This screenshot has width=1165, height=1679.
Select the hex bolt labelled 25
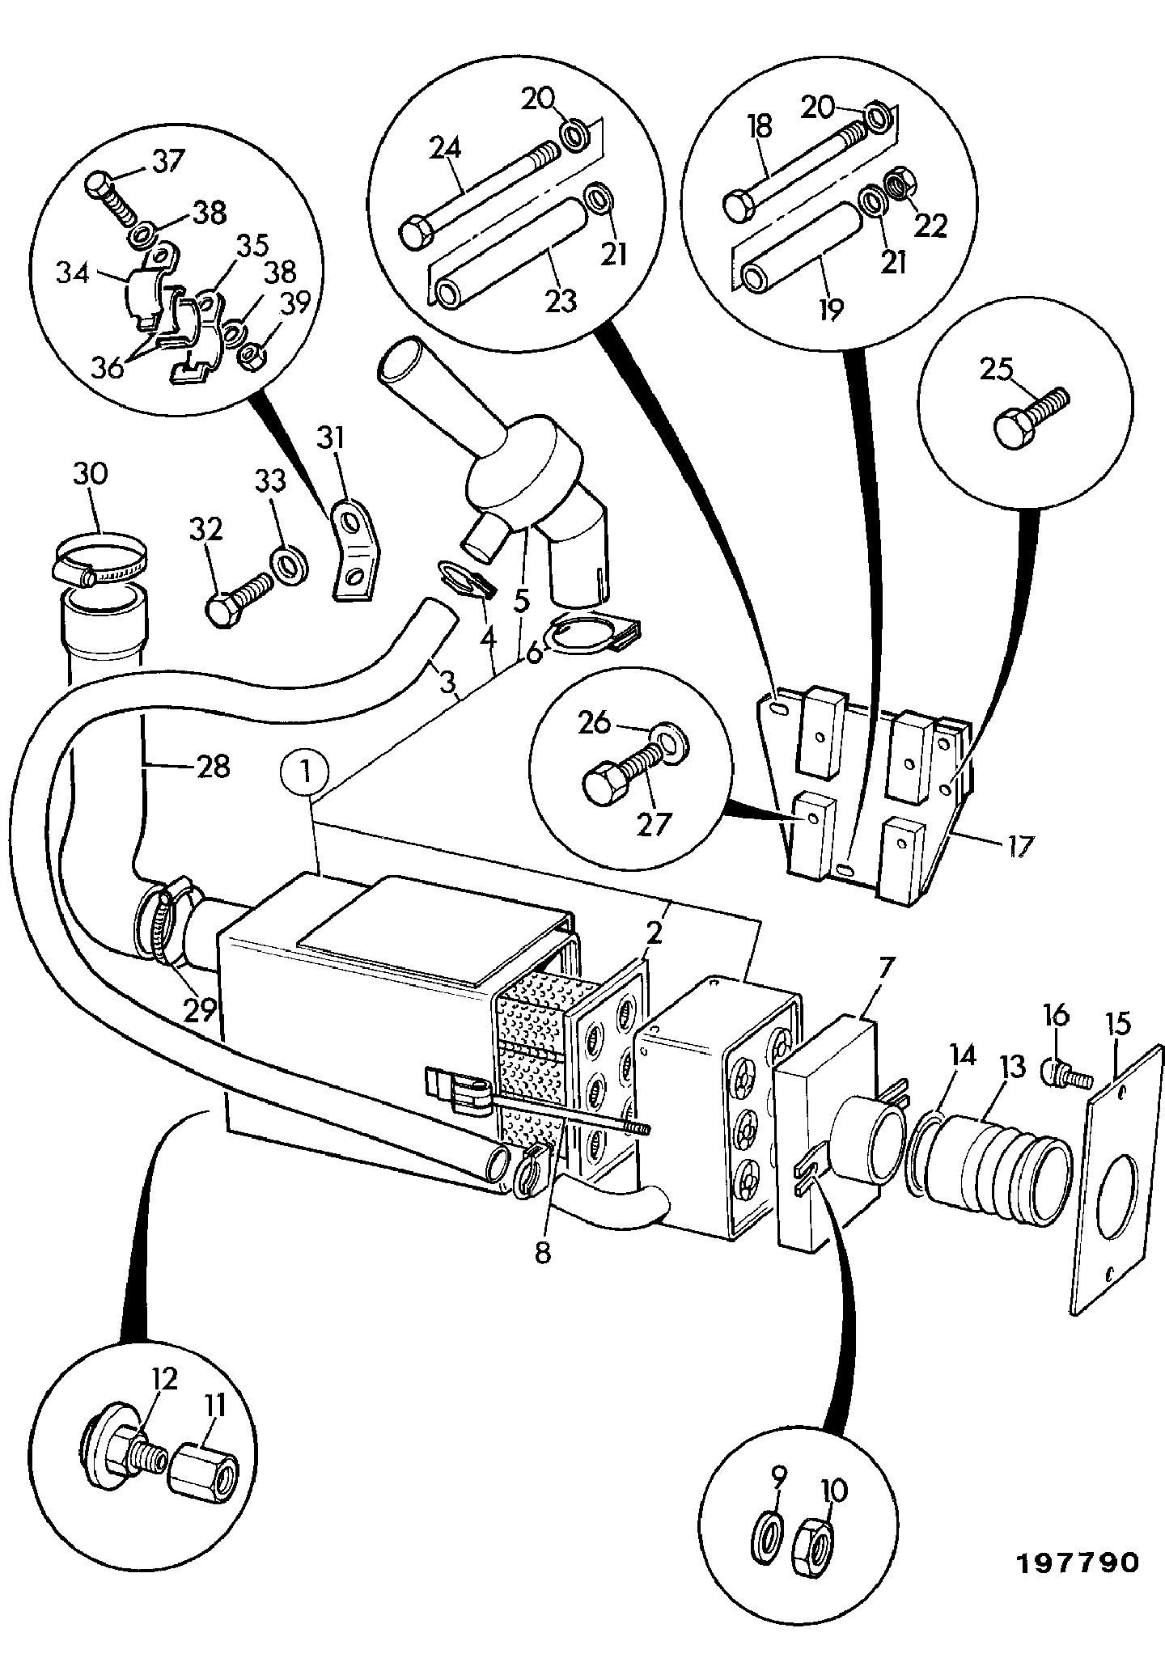click(x=1029, y=414)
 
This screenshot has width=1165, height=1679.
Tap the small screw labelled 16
click(x=1065, y=1074)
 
